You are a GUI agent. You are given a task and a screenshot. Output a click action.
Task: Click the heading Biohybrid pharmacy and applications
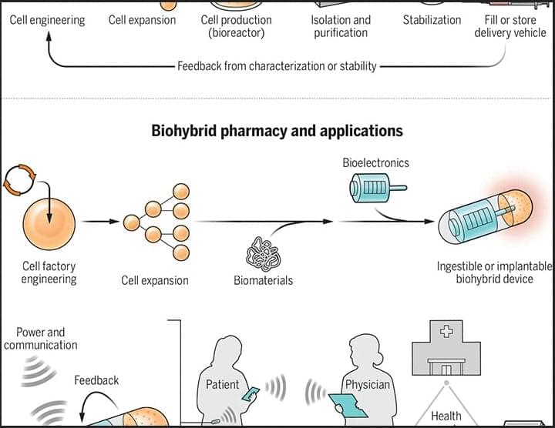[277, 131]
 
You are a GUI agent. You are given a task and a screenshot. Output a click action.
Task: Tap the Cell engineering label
[47, 20]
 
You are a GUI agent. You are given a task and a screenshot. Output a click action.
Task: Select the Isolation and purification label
[341, 26]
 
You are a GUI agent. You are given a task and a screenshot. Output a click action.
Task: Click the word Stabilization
[432, 20]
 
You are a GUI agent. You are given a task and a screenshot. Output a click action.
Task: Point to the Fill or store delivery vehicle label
[510, 26]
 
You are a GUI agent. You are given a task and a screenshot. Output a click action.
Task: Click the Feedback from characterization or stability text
[277, 66]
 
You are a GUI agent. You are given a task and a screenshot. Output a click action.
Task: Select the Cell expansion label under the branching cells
[155, 280]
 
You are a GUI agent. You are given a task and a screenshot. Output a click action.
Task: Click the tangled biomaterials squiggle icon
[262, 253]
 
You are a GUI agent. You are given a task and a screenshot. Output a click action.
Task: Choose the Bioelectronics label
[375, 163]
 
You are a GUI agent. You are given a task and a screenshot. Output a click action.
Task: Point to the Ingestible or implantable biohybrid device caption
[495, 273]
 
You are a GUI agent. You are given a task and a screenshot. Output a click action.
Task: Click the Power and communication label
[41, 339]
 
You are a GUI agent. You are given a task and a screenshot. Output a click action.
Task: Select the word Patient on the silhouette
[222, 384]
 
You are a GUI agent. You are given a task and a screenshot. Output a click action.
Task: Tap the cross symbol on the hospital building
[446, 332]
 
